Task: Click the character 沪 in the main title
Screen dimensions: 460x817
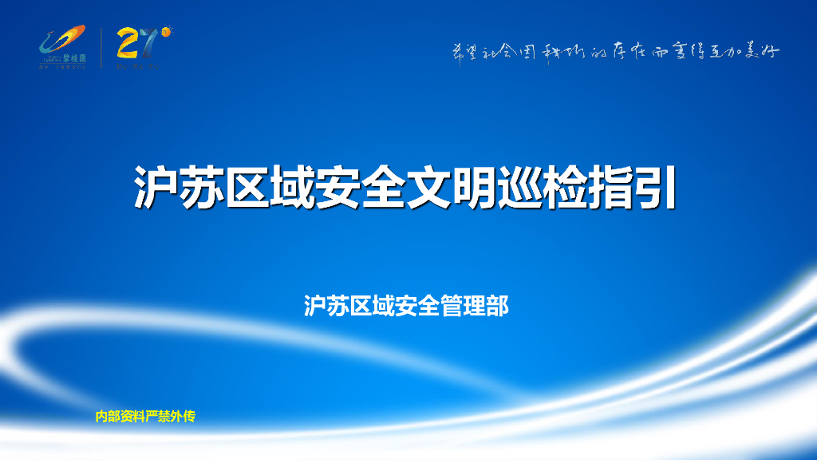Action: click(x=156, y=188)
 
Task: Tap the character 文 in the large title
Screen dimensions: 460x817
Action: click(x=430, y=188)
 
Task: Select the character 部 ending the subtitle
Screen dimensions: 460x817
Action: click(x=498, y=305)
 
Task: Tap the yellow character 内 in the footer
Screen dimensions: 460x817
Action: click(x=101, y=416)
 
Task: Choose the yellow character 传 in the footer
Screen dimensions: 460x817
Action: click(x=189, y=416)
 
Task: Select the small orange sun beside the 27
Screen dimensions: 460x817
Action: click(x=166, y=32)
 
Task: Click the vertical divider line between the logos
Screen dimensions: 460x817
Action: click(x=101, y=48)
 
